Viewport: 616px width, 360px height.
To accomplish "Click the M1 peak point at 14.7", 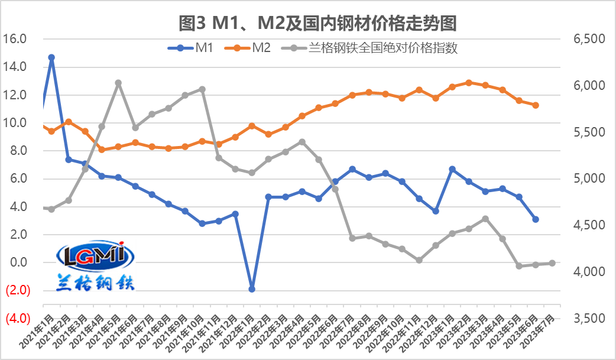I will [51, 57].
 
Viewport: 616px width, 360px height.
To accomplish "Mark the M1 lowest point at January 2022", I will [252, 289].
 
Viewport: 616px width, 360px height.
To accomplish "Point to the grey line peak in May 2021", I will [118, 83].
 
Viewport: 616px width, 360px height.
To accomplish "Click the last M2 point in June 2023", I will [536, 105].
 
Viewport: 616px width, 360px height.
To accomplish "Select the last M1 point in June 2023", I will [536, 219].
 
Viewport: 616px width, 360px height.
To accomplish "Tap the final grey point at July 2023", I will [552, 263].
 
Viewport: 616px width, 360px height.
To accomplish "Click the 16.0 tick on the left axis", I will [15, 39].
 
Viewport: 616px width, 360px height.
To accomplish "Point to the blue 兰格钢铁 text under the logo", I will [96, 281].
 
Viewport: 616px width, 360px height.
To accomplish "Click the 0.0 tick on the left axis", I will [15, 262].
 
